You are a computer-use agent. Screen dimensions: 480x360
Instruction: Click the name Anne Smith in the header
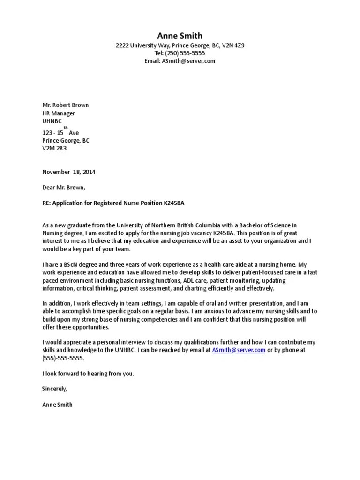(x=180, y=36)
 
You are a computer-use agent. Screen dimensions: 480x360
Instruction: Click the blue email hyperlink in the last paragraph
(x=239, y=350)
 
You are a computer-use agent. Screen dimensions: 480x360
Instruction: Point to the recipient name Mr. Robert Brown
(x=65, y=105)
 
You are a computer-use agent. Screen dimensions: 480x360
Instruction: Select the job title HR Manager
(x=59, y=113)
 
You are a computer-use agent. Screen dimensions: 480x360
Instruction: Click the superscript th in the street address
(x=66, y=127)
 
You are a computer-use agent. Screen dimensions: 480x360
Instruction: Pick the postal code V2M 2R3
(x=54, y=148)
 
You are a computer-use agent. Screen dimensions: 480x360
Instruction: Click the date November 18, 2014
(x=68, y=172)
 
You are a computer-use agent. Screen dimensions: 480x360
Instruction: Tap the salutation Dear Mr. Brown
(x=64, y=187)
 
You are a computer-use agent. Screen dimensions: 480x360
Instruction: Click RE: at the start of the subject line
(x=47, y=202)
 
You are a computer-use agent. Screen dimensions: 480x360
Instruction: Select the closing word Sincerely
(x=55, y=389)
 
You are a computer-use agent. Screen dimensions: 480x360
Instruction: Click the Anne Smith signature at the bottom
(x=57, y=404)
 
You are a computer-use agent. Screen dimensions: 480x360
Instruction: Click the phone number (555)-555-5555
(x=63, y=358)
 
